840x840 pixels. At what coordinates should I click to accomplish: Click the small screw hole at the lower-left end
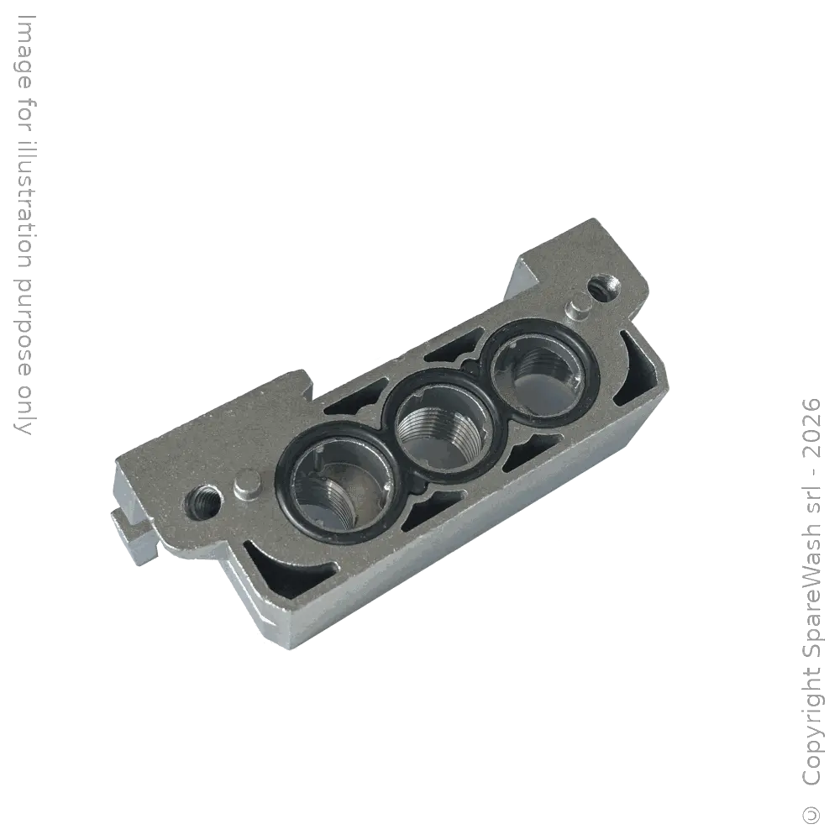tap(205, 501)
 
